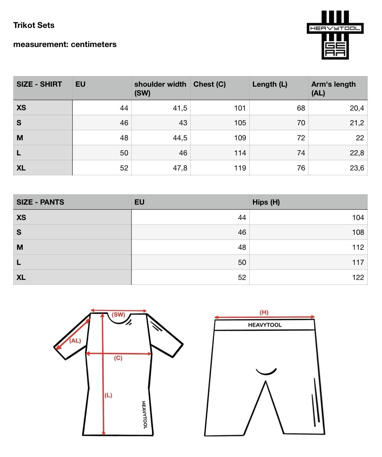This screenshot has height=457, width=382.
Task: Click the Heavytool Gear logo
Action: pyautogui.click(x=335, y=35)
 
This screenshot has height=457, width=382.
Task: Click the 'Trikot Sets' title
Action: pyautogui.click(x=34, y=25)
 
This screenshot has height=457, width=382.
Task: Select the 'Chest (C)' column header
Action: pyautogui.click(x=210, y=84)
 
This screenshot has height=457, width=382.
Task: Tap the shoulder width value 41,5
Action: pyautogui.click(x=180, y=108)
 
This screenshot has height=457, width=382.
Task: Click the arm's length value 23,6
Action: pyautogui.click(x=357, y=168)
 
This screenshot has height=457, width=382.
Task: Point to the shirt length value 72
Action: pyautogui.click(x=301, y=138)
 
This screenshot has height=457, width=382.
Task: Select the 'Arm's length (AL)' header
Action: pyautogui.click(x=333, y=88)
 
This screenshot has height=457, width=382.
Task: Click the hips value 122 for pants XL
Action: pyautogui.click(x=358, y=277)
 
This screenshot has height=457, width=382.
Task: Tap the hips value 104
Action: pyautogui.click(x=358, y=217)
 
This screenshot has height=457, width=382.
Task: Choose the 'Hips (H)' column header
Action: pyautogui.click(x=266, y=202)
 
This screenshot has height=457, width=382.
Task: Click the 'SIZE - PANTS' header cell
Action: pyautogui.click(x=40, y=202)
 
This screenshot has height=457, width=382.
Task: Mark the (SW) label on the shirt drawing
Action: pyautogui.click(x=118, y=315)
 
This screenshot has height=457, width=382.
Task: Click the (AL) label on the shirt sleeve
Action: pyautogui.click(x=75, y=341)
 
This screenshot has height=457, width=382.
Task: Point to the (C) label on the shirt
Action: pyautogui.click(x=118, y=358)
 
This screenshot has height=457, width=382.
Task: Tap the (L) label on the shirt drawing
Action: pyautogui.click(x=108, y=395)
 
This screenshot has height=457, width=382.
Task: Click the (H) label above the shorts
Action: pyautogui.click(x=264, y=313)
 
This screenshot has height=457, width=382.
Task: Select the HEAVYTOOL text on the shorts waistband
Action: pyautogui.click(x=265, y=325)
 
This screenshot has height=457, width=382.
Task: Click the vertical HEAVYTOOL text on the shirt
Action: pyautogui.click(x=144, y=415)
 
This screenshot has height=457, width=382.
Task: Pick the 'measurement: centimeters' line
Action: pyautogui.click(x=65, y=44)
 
